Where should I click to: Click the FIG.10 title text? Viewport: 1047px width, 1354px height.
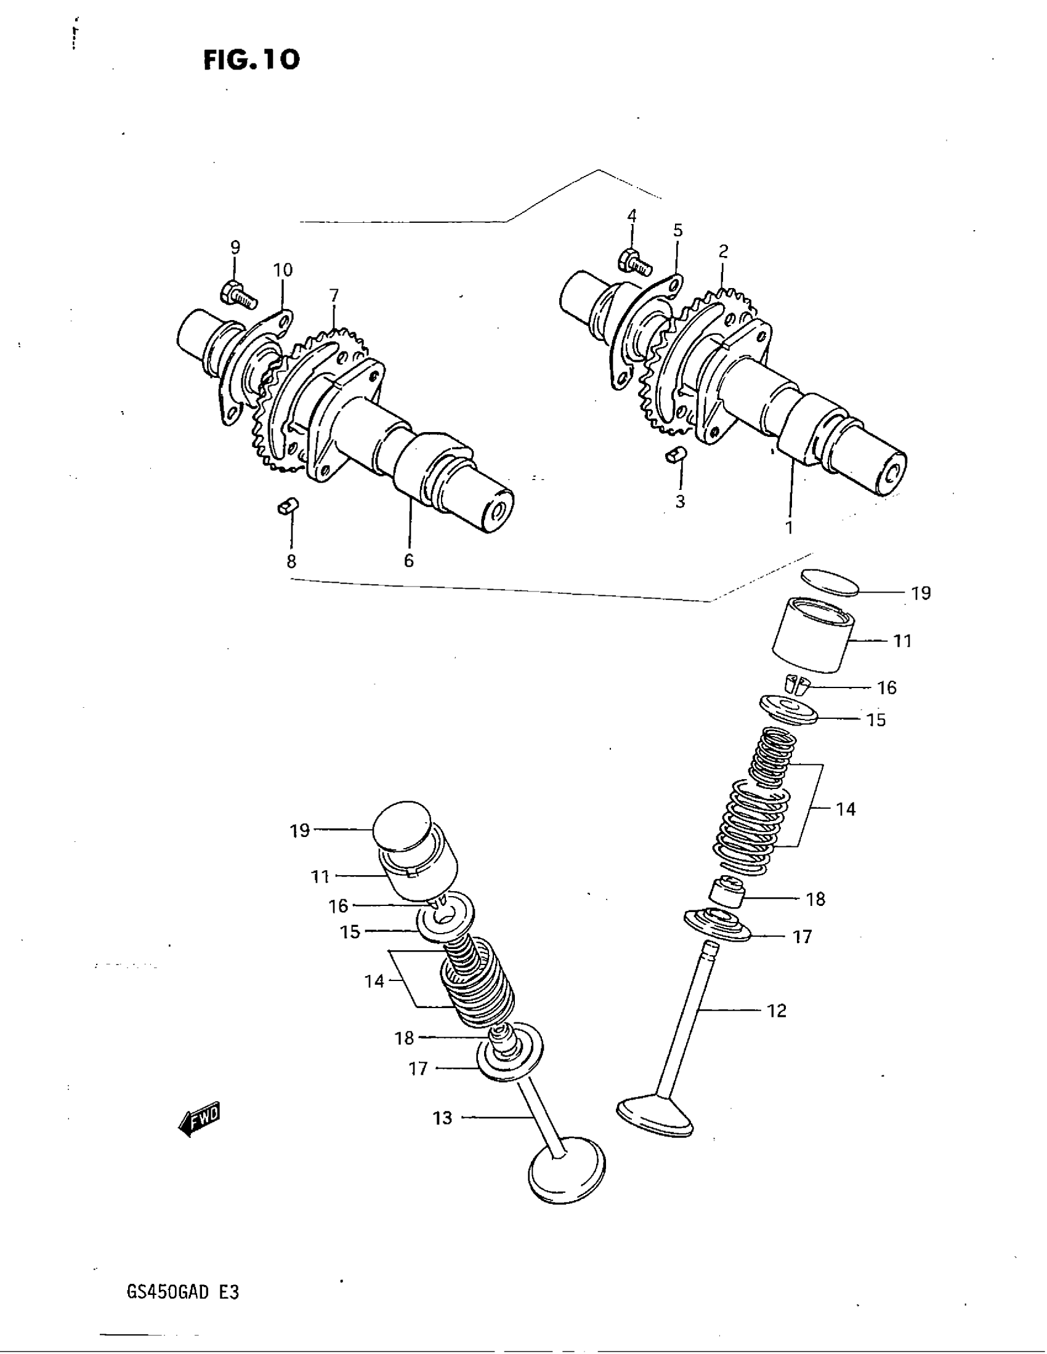point(251,60)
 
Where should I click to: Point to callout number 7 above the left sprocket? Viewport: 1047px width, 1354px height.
point(334,295)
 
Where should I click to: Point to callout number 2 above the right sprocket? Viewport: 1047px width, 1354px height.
point(722,251)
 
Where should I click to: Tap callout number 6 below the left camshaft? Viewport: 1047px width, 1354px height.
point(408,561)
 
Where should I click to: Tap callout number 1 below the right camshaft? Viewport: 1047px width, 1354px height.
point(789,527)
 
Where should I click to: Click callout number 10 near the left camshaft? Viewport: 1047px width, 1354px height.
point(282,270)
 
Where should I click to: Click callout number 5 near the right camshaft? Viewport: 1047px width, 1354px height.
point(677,231)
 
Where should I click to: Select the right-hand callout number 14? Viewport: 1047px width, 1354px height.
point(846,809)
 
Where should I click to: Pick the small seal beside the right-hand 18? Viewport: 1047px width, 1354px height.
point(726,894)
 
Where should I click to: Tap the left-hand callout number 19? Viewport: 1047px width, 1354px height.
point(299,830)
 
